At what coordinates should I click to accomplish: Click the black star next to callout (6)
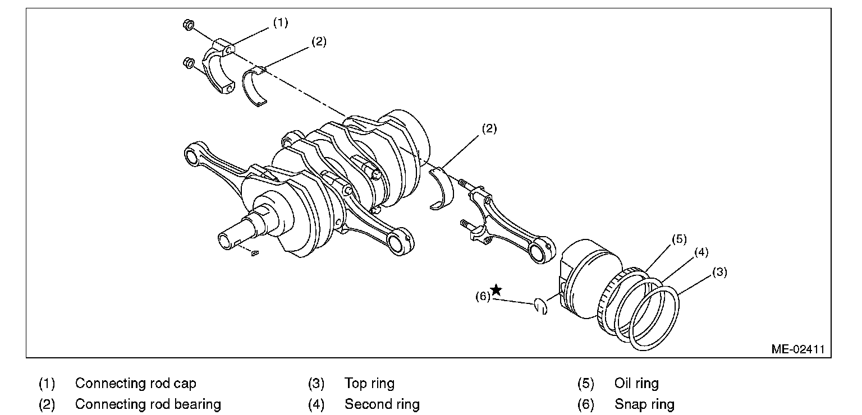point(496,290)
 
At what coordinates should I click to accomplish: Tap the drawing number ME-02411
point(797,348)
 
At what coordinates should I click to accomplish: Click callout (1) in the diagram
point(280,23)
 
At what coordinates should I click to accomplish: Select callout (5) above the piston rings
point(679,239)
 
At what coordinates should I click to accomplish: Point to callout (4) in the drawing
point(701,252)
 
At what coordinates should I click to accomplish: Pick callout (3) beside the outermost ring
point(719,273)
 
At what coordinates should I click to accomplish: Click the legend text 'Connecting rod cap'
point(135,384)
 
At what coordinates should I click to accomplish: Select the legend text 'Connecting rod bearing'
point(148,404)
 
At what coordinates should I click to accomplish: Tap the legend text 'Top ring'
point(369,384)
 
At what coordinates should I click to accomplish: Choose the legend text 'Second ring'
point(382,404)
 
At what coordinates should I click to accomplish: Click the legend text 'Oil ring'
point(636,384)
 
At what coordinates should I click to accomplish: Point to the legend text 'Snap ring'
point(644,404)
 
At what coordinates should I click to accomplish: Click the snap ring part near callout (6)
point(540,306)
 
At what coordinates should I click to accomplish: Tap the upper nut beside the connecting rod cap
point(188,25)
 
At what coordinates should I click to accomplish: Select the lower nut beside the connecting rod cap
point(190,63)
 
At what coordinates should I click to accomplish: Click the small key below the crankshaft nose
point(255,253)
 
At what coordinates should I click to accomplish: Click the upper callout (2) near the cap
point(318,41)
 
